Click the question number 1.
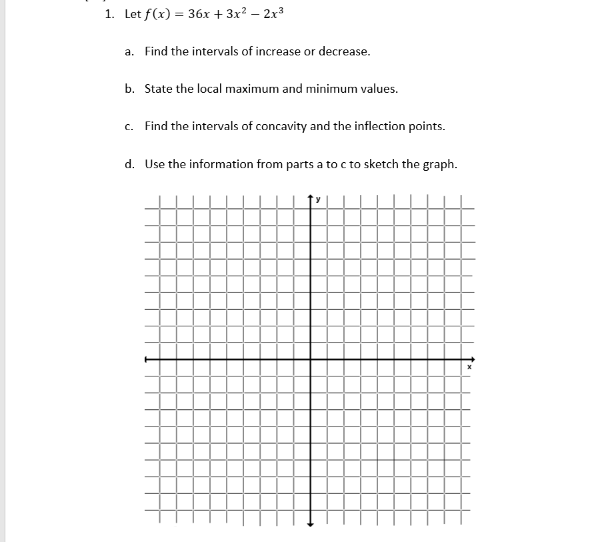click(x=109, y=14)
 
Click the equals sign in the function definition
click(x=180, y=15)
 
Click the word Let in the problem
click(x=132, y=14)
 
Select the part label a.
click(x=129, y=51)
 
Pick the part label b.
click(x=129, y=89)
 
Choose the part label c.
click(x=129, y=126)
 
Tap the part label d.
click(x=129, y=164)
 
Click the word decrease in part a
click(x=343, y=51)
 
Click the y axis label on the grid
click(x=318, y=198)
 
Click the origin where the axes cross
click(x=309, y=359)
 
